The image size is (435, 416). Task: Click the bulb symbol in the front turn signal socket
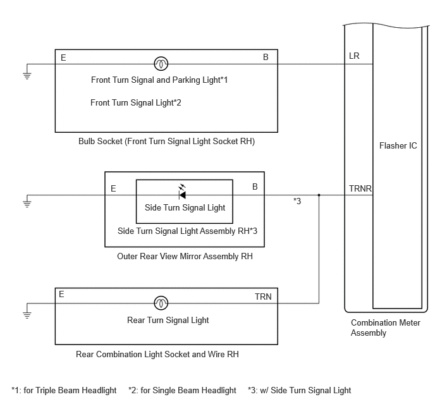[161, 64]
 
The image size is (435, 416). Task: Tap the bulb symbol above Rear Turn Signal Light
[161, 303]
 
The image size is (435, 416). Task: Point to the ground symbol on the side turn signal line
[27, 202]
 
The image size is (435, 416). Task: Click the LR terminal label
[355, 57]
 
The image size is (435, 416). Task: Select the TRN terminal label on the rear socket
[264, 296]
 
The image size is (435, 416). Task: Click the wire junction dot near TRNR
[319, 195]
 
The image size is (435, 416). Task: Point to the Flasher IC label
[398, 146]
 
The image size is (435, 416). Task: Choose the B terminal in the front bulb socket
[266, 58]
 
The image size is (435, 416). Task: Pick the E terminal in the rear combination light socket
[62, 294]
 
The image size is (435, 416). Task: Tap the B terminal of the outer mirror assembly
[255, 187]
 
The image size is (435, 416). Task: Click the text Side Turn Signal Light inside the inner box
[185, 207]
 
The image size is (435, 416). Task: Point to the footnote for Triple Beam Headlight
[64, 390]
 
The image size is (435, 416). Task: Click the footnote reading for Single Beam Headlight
[182, 390]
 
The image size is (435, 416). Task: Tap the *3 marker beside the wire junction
[297, 202]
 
